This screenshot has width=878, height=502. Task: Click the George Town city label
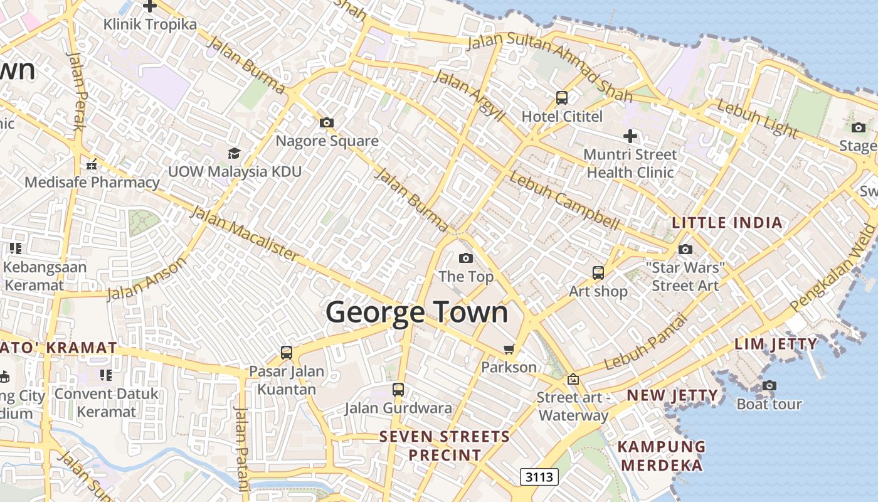point(416,312)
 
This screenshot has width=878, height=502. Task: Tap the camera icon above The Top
point(465,258)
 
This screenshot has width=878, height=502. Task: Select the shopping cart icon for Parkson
point(509,348)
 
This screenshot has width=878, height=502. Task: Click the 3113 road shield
point(539,477)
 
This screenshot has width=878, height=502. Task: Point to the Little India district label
point(727,223)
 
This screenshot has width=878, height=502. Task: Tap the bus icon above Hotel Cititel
point(562,98)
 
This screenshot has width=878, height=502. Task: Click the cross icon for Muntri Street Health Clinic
point(630,136)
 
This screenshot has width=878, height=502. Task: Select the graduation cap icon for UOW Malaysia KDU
point(234,153)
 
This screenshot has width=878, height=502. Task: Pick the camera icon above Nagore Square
point(327,122)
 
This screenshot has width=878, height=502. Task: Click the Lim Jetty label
point(776,344)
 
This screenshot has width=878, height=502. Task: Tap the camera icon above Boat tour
point(769,385)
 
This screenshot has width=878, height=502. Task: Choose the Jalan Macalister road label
point(245,233)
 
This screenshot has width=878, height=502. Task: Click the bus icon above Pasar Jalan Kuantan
point(287,352)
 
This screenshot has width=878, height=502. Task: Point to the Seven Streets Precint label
point(445,446)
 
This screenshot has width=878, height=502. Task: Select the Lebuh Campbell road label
point(564,200)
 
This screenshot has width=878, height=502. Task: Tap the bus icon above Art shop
point(598,273)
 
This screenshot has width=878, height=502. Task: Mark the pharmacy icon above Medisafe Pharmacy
point(92,165)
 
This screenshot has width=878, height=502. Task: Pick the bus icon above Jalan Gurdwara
point(398,389)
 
